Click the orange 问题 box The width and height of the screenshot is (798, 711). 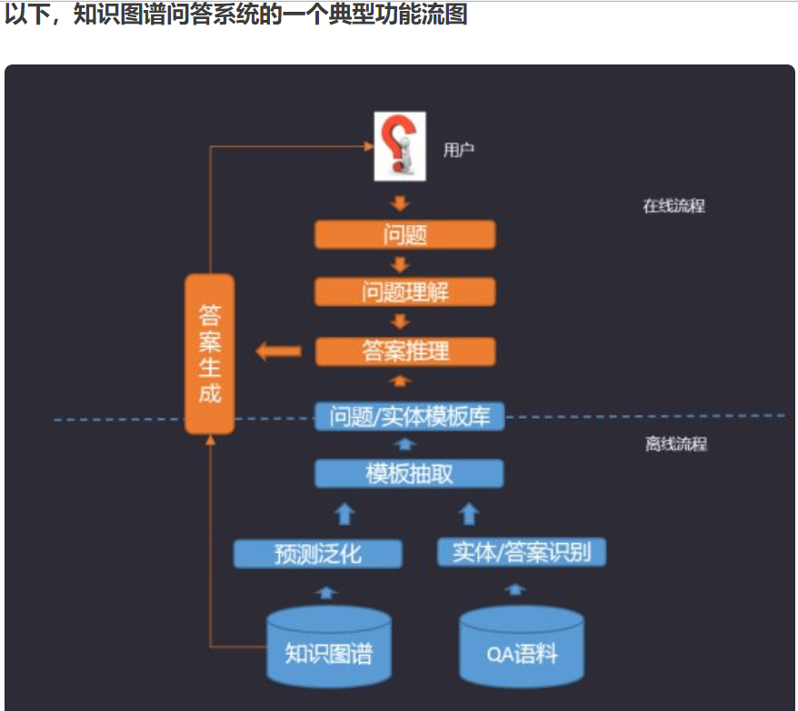(404, 234)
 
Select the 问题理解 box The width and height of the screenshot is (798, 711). (404, 291)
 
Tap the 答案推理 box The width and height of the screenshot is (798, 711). (404, 351)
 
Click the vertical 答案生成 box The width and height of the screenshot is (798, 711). (209, 354)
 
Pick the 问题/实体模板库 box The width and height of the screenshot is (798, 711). (408, 417)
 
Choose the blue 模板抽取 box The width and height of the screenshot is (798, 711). (408, 473)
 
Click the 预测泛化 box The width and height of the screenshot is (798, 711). (317, 553)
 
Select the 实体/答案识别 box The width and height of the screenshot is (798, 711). (521, 552)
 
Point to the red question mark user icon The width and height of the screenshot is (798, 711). (400, 146)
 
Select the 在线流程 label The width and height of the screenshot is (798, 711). (673, 205)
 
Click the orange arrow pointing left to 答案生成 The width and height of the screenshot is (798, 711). (278, 351)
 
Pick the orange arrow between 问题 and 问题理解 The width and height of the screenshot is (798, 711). (400, 264)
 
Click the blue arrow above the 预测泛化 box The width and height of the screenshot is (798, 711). (344, 514)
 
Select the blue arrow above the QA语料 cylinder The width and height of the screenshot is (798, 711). (514, 589)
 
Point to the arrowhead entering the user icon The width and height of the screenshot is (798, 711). (369, 145)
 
